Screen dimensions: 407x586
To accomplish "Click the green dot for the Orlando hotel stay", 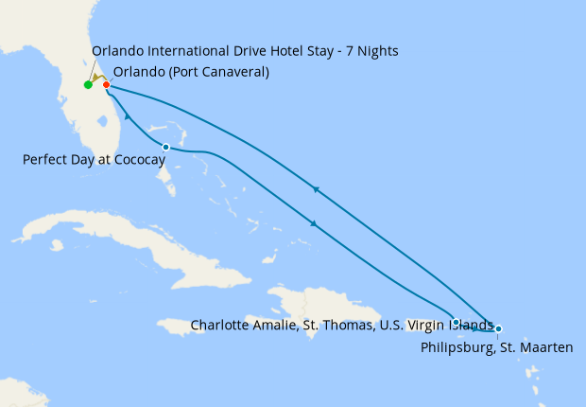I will (x=88, y=85).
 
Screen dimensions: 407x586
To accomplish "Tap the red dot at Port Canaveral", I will (x=106, y=85).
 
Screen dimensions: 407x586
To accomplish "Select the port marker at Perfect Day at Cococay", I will (x=166, y=147).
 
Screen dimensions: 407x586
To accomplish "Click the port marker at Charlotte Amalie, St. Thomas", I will (x=457, y=323).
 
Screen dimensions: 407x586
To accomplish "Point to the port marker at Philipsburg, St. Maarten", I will (x=498, y=328).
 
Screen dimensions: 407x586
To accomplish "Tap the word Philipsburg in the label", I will (x=452, y=348).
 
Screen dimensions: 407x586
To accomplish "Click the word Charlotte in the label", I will (x=219, y=325).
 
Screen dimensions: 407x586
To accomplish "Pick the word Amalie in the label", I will (x=273, y=325).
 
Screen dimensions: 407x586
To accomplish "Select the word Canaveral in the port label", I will (x=232, y=72).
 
